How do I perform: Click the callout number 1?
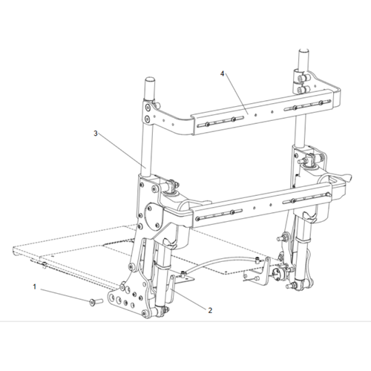(x=33, y=286)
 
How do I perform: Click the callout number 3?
(x=95, y=134)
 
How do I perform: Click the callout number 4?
(x=222, y=73)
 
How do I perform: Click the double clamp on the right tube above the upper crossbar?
(x=303, y=76)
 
